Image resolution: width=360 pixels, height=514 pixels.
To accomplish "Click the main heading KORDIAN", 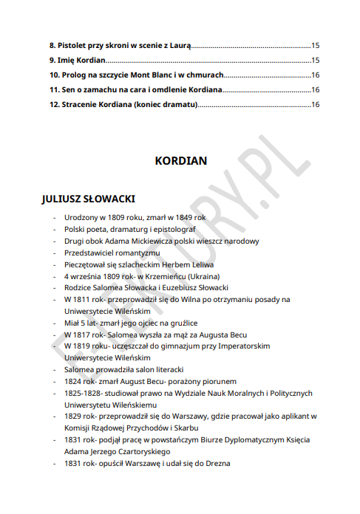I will [x=180, y=160].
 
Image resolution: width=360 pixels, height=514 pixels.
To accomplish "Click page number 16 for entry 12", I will [x=315, y=104].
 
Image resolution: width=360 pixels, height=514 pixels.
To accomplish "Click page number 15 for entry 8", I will [x=315, y=45].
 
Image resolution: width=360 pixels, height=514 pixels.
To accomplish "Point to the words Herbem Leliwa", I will [x=187, y=264].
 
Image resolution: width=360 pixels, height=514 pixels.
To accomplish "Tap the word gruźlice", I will [x=181, y=323].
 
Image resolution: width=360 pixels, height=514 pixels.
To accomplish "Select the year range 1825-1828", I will [x=82, y=392].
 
